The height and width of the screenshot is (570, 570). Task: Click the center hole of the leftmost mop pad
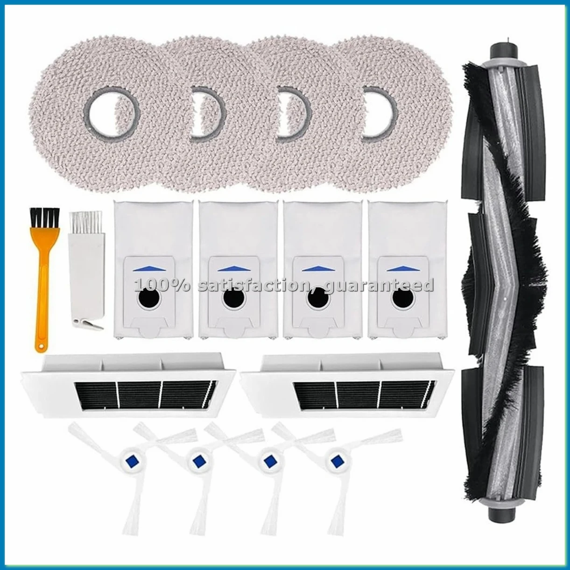tap(111, 112)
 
